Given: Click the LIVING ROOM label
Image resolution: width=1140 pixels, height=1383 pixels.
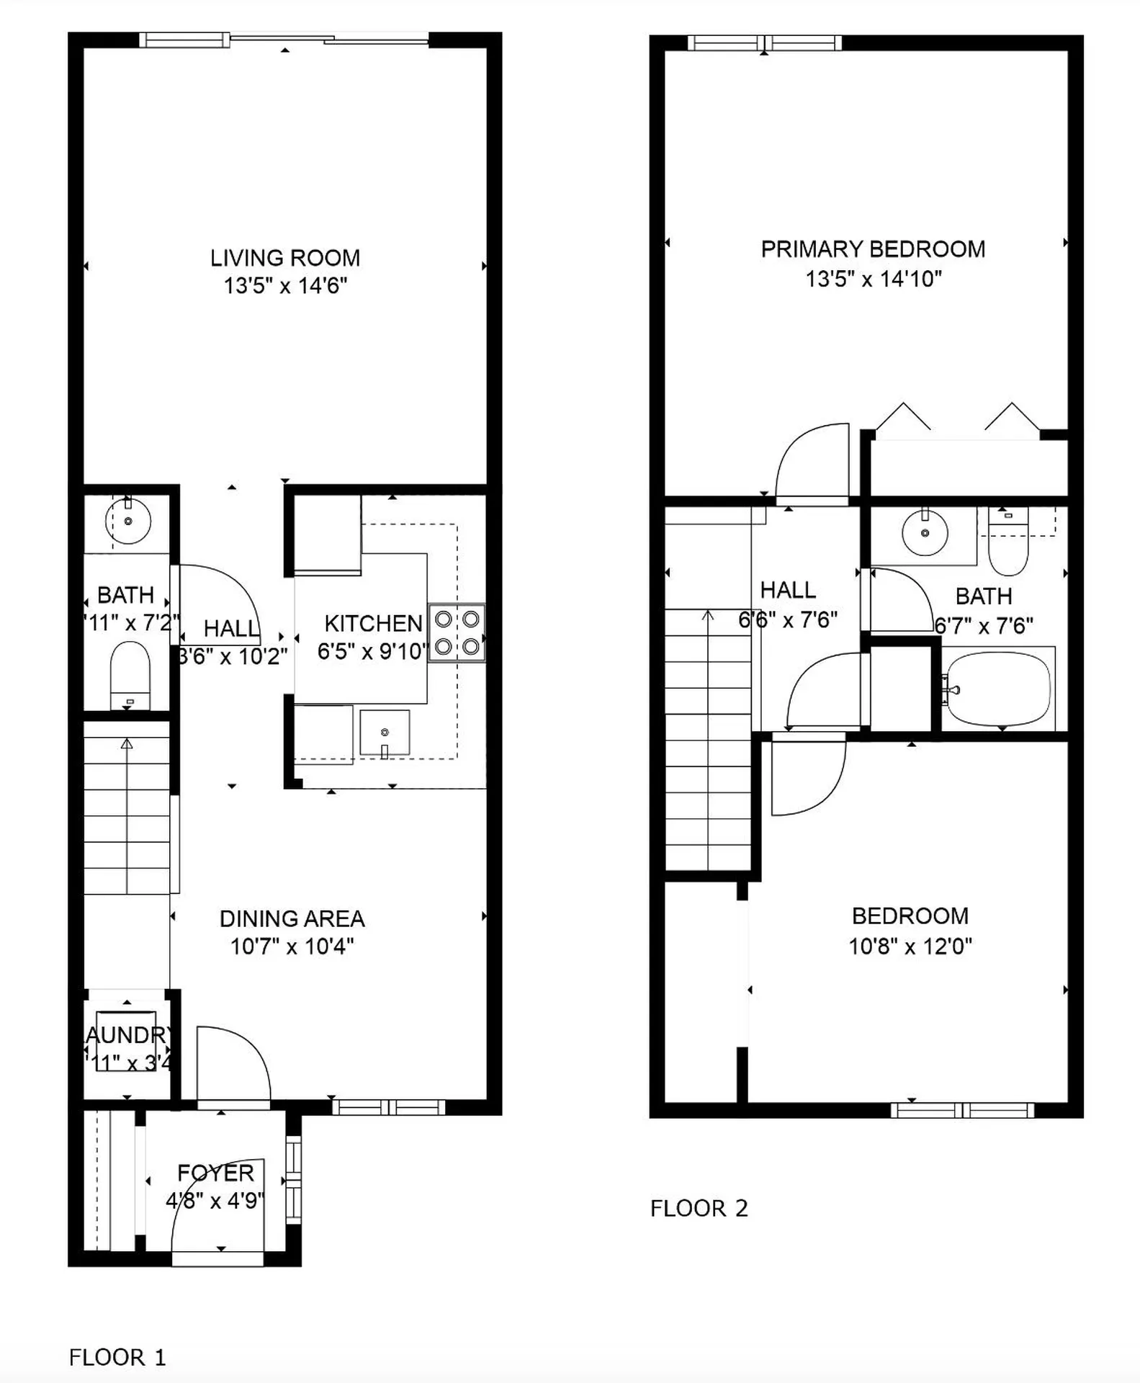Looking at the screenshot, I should point(284,258).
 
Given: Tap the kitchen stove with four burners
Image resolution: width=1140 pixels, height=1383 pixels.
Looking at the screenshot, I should point(457,632).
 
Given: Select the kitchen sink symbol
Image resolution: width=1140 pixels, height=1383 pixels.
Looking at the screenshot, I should point(385,733).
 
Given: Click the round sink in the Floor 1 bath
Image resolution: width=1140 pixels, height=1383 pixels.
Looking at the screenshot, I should point(128,521).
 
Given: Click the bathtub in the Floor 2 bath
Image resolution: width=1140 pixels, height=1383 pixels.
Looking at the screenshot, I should point(998,689).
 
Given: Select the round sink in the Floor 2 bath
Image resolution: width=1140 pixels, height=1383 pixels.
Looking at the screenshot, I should point(925,533).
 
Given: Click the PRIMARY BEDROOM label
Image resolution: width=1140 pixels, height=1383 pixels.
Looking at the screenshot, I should point(873,249).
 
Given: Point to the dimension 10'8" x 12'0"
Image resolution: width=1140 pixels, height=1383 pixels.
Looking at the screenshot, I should point(910,946).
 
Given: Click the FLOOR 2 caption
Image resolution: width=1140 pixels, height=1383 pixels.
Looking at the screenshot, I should point(699,1208).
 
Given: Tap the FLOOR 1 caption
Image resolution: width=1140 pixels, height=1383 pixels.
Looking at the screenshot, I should point(117,1357).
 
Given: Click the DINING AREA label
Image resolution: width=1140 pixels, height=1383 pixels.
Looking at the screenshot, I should point(292,918).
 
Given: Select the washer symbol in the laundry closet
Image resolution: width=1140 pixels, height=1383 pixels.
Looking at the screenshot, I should point(126,1042).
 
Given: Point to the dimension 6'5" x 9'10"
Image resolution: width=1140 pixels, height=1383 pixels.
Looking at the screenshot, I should point(372,651).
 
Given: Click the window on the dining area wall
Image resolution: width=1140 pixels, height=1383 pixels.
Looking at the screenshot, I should point(388,1107).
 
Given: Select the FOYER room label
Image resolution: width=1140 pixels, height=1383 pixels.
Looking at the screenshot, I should point(215,1173).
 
